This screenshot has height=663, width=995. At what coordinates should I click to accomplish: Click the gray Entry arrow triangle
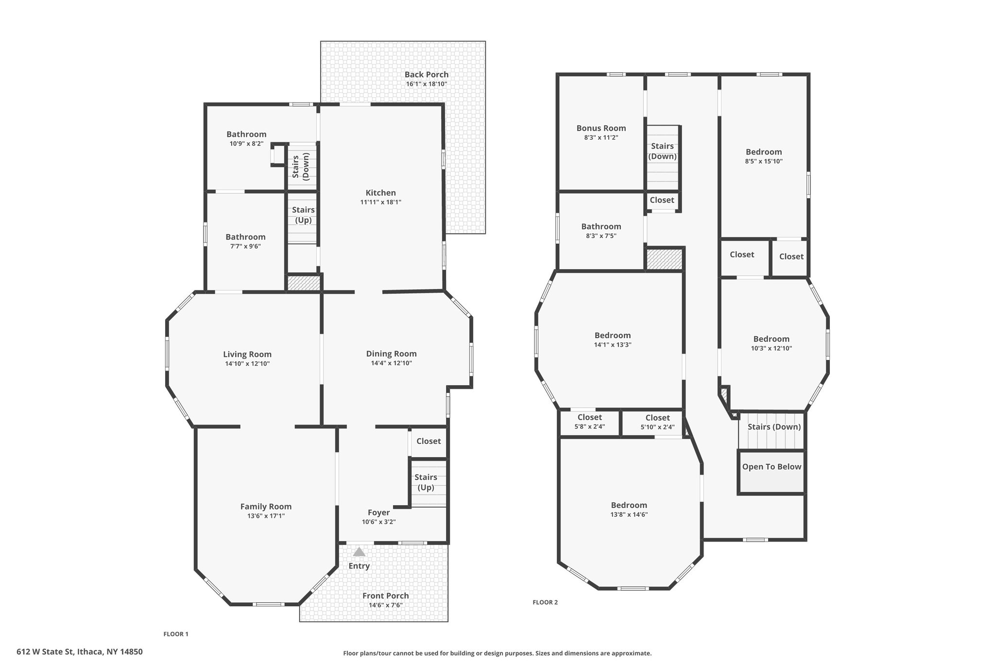click(359, 552)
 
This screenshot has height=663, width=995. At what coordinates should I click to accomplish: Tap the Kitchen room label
click(381, 193)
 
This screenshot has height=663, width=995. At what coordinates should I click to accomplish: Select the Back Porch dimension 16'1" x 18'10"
click(427, 84)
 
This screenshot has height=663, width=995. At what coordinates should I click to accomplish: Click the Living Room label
click(247, 355)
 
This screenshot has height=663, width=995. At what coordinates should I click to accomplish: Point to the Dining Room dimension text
click(392, 363)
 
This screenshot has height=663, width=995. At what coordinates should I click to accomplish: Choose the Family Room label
click(266, 507)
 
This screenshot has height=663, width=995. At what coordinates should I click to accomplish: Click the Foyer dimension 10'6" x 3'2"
click(379, 522)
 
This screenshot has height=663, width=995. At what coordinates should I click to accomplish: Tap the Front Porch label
click(386, 596)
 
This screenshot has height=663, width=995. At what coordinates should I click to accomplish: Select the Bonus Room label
click(601, 128)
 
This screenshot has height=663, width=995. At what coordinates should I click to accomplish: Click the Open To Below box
click(772, 473)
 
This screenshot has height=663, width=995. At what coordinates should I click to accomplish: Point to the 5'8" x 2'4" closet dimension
click(590, 427)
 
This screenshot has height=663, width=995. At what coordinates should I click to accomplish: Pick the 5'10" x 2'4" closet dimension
click(658, 427)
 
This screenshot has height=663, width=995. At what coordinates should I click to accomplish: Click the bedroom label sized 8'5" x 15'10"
click(764, 152)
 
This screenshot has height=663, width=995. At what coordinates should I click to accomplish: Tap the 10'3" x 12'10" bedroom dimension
click(772, 348)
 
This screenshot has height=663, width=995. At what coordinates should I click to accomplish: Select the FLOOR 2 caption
click(545, 602)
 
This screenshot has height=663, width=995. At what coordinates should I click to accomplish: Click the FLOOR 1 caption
click(176, 634)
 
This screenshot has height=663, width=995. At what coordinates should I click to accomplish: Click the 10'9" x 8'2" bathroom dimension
click(246, 144)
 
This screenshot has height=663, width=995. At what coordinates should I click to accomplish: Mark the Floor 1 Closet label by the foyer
click(429, 441)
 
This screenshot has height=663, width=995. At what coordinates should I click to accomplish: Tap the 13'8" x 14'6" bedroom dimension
click(629, 515)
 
